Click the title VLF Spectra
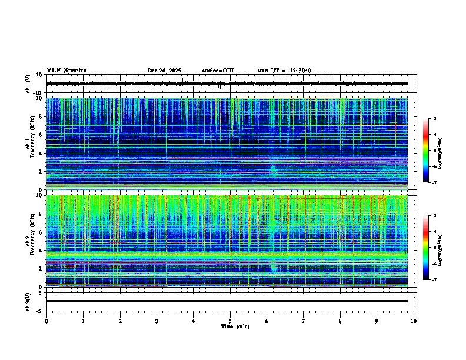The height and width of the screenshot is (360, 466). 66,71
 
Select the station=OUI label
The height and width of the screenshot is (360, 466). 218,71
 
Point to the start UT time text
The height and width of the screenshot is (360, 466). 284,71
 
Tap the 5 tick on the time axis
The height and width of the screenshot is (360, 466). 230,321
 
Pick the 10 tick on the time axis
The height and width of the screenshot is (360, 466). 414,321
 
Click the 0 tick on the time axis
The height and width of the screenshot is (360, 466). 46,321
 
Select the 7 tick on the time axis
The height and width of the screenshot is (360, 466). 304,321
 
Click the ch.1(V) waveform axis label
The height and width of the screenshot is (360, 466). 28,84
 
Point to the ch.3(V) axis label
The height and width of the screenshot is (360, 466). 28,301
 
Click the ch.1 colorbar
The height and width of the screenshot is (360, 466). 426,151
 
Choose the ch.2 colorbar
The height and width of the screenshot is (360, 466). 426,248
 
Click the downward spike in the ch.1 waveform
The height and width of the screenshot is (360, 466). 219,86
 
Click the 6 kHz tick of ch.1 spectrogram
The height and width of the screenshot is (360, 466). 40,135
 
